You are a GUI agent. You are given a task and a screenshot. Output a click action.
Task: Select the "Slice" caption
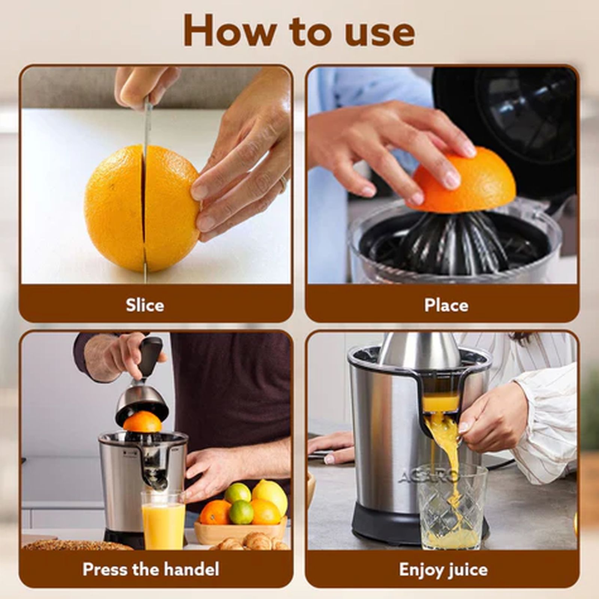tap(145, 305)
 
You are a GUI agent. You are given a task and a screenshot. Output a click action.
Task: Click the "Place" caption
tap(446, 305)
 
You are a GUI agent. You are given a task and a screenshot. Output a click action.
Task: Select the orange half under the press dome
tap(142, 422)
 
